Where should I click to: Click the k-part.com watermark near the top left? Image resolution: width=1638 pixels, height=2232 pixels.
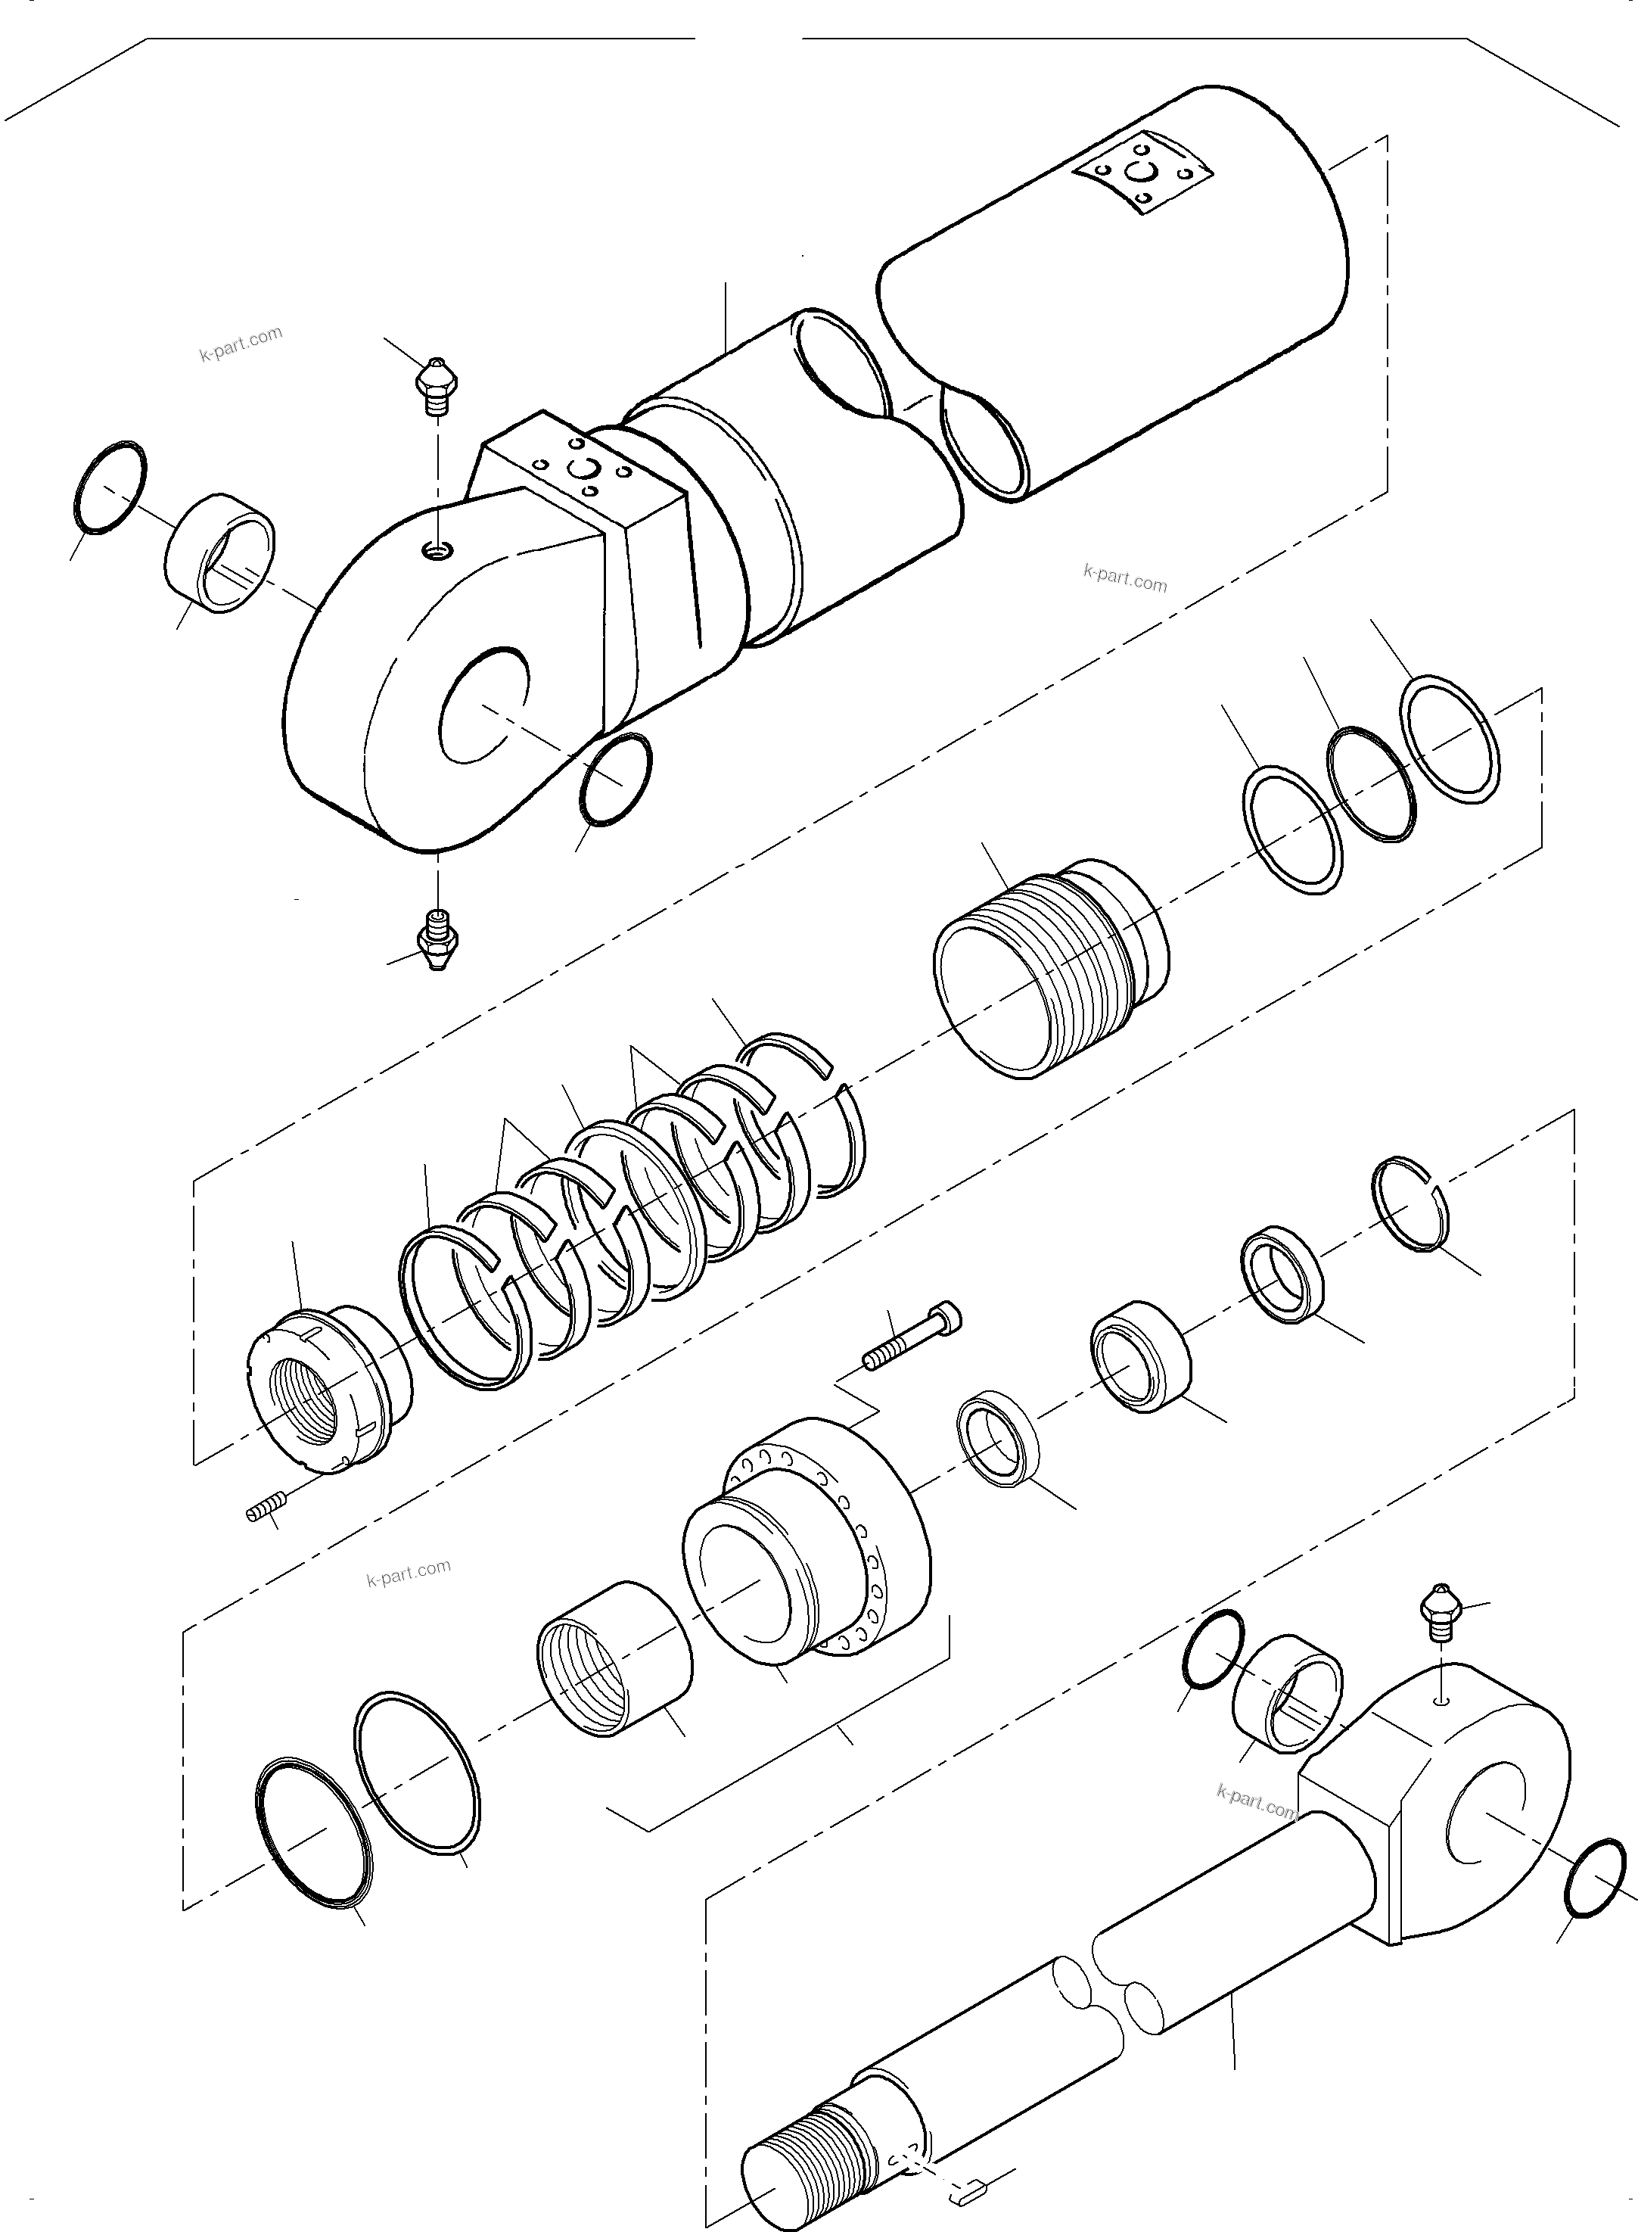coord(241,343)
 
